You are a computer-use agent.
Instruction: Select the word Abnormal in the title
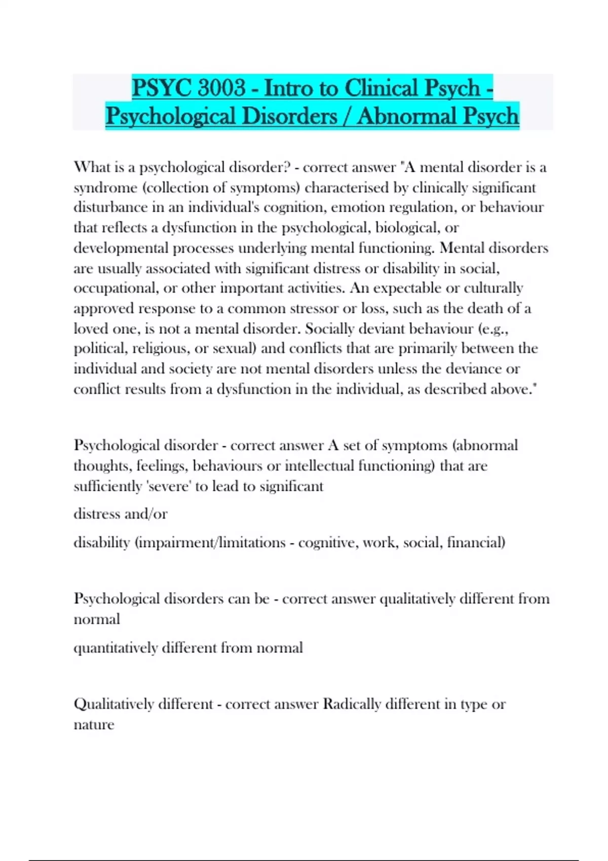coord(400,116)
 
